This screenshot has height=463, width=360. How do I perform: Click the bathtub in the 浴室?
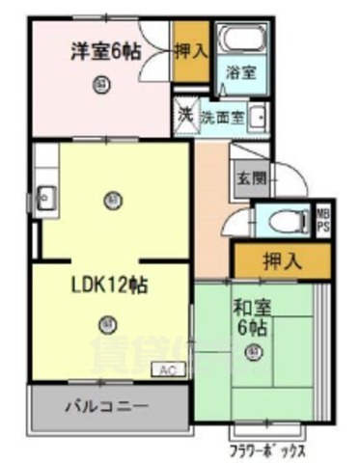pos(241,41)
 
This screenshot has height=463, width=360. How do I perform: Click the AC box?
pos(166,369)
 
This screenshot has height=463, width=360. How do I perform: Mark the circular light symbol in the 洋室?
pos(102,85)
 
